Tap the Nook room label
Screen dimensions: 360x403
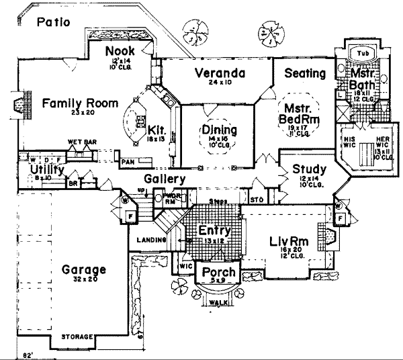pos(121,51)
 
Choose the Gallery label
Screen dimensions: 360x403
pos(164,179)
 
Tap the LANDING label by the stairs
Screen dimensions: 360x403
pos(148,240)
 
